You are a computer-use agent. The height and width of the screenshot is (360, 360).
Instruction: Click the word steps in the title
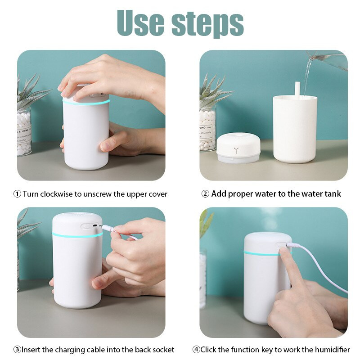(207, 23)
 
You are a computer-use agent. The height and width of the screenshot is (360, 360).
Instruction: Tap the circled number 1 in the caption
(17, 194)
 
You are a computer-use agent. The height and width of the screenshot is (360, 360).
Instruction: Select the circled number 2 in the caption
(205, 194)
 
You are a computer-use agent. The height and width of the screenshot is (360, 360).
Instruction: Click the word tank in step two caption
(332, 194)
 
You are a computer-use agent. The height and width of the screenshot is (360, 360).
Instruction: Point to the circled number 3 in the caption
(17, 350)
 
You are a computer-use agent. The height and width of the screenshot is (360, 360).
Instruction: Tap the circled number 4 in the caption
(196, 350)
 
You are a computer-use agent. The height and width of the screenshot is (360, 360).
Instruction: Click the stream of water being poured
(307, 76)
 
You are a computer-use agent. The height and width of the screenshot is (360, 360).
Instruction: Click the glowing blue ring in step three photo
(76, 235)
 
